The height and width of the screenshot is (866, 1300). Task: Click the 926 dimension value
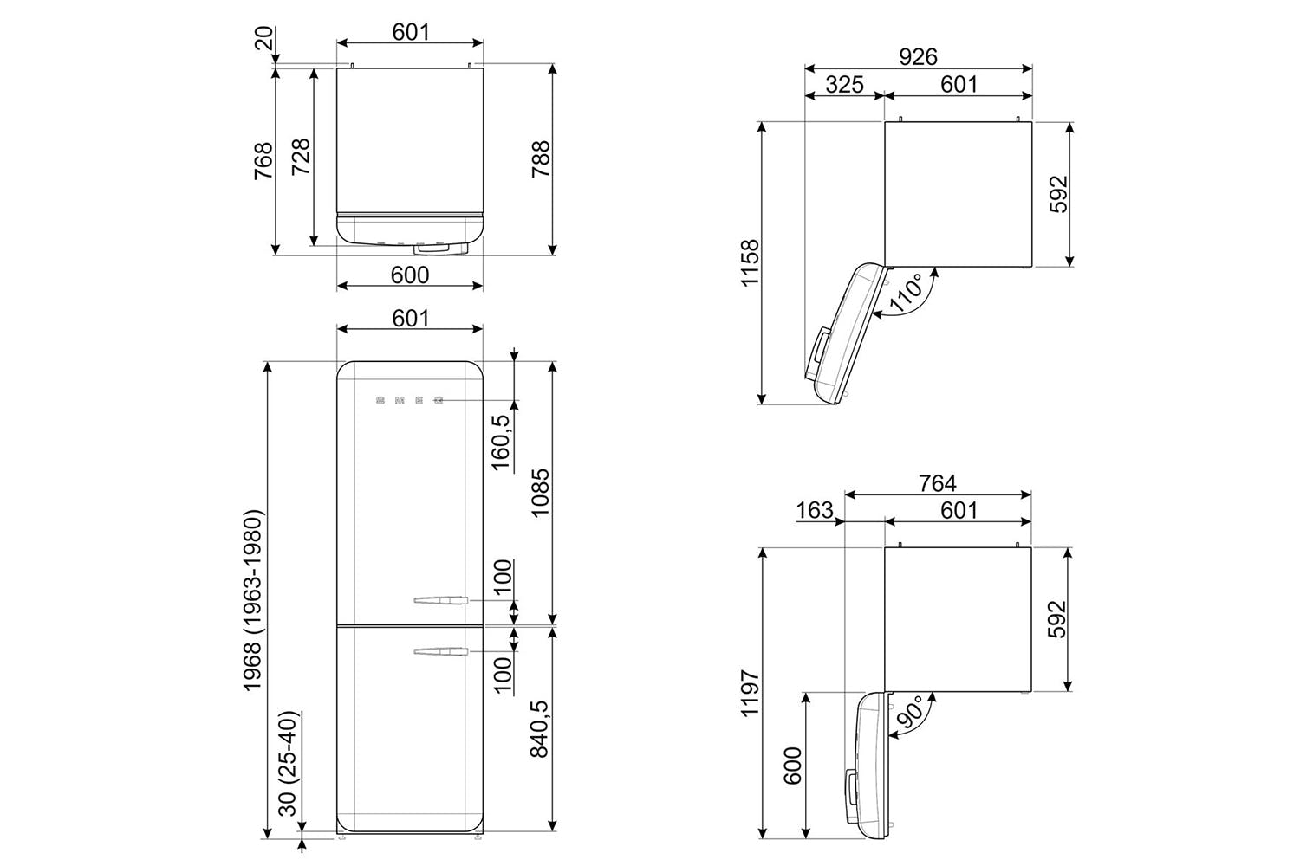(x=918, y=57)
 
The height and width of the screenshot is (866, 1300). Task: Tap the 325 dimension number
(x=844, y=85)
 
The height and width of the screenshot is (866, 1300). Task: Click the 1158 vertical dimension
(x=750, y=262)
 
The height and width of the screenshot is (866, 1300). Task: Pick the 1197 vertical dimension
(x=750, y=693)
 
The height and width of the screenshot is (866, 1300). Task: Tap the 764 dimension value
(x=937, y=483)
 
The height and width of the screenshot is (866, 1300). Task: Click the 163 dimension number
(x=815, y=510)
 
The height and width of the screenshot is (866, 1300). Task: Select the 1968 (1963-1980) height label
(x=254, y=600)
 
